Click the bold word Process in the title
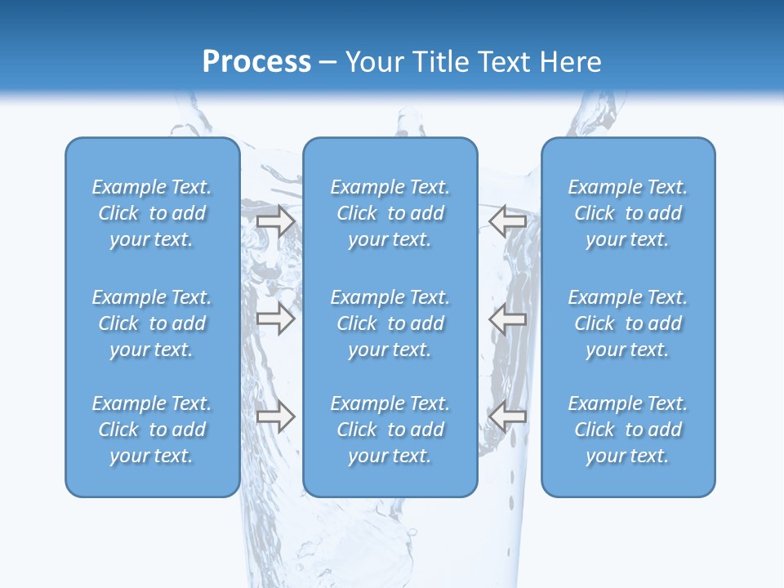click(256, 62)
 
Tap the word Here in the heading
click(572, 62)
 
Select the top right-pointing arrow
click(275, 221)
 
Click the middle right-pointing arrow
click(275, 319)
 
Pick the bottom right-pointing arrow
click(275, 416)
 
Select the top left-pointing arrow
click(507, 221)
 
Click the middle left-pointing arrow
click(507, 319)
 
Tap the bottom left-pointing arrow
click(507, 416)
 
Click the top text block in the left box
click(152, 213)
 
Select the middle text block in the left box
click(152, 323)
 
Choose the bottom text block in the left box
click(152, 430)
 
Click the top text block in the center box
click(390, 213)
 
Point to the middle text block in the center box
click(390, 323)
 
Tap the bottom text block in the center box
click(390, 430)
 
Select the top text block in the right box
click(628, 213)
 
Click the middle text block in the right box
click(628, 323)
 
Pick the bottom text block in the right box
click(628, 430)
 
